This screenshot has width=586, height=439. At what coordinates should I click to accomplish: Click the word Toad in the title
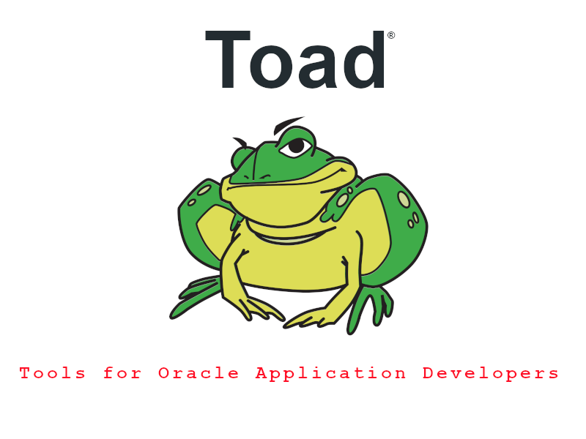point(295,59)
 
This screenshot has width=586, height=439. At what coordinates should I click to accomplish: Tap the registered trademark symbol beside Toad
point(391,35)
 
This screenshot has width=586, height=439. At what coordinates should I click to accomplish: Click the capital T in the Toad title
point(228,59)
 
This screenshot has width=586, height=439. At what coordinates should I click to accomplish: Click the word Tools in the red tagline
point(53,373)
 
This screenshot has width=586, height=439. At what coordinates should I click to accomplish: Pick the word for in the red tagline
point(122,373)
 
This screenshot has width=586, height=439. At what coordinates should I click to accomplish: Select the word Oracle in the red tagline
point(199,373)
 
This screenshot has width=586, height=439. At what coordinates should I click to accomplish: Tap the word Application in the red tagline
point(331,374)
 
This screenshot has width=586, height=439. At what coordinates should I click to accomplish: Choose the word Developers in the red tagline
point(491,374)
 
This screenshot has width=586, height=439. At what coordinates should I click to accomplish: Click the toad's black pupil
point(297,146)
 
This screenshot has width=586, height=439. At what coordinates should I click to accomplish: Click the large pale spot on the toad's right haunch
point(404,199)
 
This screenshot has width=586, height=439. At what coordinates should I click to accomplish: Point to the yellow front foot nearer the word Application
point(310,318)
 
